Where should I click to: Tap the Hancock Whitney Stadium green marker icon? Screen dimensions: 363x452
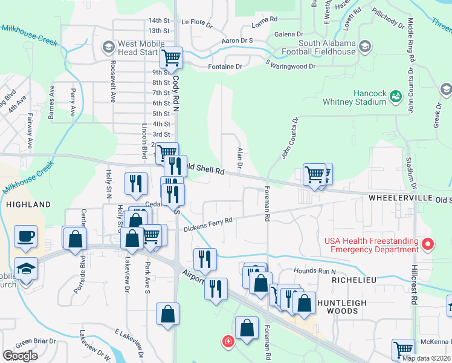point(396,96)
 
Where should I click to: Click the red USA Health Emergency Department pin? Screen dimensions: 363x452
point(428,244)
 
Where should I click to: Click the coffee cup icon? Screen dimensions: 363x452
point(25,237)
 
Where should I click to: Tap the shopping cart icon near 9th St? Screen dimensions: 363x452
point(172,58)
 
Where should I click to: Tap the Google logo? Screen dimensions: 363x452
point(20,356)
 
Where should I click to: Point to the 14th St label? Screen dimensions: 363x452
point(158,21)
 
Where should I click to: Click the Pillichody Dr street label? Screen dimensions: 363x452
point(388,19)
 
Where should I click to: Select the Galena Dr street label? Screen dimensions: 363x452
point(287,34)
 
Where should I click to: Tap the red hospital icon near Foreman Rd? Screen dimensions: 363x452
point(228,341)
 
